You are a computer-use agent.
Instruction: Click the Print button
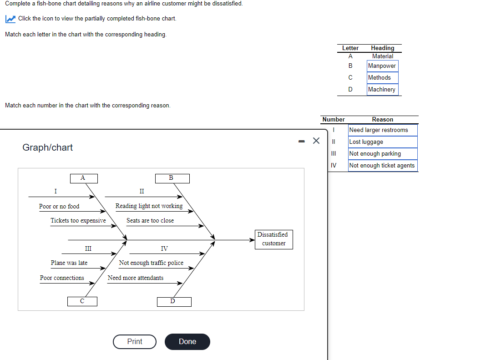(x=135, y=342)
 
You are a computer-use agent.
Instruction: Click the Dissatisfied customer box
(x=273, y=239)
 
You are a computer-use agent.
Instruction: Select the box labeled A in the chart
(x=83, y=178)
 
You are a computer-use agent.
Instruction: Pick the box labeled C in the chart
(x=82, y=301)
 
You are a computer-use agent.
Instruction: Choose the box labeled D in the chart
(x=174, y=302)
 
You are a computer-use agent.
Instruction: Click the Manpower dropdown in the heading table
(x=382, y=66)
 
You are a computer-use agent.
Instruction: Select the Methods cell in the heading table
(x=382, y=78)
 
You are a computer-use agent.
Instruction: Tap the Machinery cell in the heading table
(x=382, y=90)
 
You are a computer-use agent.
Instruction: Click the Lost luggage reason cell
(x=382, y=142)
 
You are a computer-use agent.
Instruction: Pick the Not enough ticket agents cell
(x=382, y=166)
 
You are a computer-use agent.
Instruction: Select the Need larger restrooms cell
(x=382, y=130)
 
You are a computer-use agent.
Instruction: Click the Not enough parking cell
(x=382, y=154)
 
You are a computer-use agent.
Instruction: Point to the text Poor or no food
(x=59, y=207)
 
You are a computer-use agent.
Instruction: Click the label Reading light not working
(x=149, y=206)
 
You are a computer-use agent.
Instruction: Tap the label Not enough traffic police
(x=151, y=263)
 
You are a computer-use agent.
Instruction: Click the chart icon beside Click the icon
(x=10, y=19)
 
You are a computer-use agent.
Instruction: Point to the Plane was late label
(x=69, y=263)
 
